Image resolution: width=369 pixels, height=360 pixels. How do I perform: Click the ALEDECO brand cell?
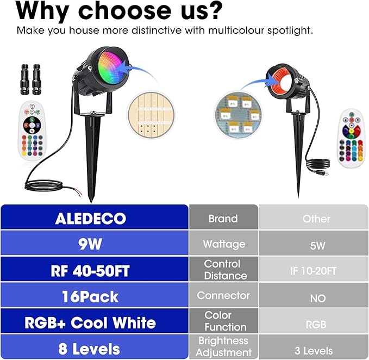click(95, 217)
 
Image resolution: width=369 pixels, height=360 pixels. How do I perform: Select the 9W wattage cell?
click(95, 243)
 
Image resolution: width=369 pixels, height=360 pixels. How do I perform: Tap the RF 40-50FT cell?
click(95, 269)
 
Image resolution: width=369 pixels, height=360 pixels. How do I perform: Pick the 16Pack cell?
click(95, 295)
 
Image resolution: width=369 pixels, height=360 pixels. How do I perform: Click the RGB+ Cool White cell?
click(95, 321)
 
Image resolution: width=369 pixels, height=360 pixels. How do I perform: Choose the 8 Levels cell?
click(95, 347)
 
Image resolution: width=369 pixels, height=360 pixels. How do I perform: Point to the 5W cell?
click(314, 243)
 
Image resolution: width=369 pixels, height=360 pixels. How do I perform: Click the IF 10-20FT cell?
click(314, 269)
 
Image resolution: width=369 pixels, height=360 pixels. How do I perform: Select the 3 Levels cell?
click(314, 347)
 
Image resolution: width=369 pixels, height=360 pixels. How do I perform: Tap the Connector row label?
click(223, 295)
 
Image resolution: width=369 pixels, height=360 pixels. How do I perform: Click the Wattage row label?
click(223, 243)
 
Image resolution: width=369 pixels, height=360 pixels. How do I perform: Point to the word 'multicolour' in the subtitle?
click(236, 30)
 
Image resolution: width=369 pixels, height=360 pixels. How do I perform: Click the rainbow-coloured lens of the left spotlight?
click(111, 67)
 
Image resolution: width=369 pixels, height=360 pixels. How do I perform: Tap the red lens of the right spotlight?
click(281, 82)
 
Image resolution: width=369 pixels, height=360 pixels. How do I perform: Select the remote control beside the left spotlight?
click(32, 131)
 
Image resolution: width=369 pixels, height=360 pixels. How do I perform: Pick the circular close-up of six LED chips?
click(238, 114)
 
